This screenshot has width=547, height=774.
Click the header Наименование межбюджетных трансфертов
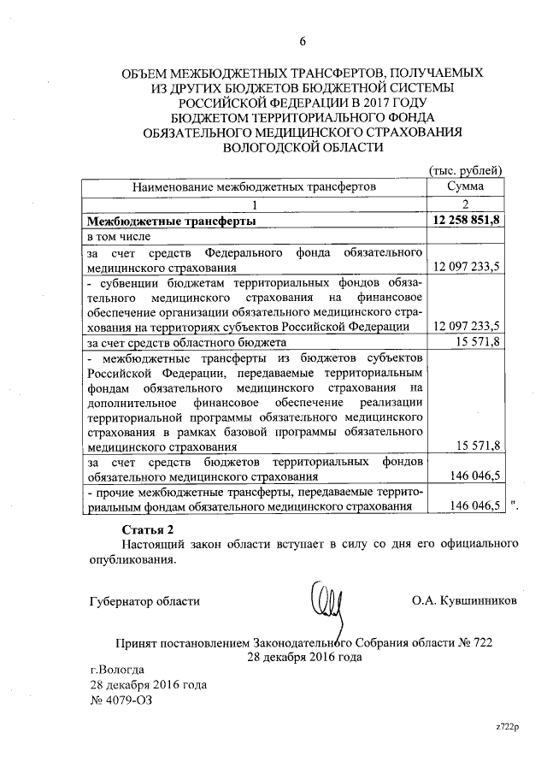(x=254, y=185)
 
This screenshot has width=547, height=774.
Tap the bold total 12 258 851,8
(x=468, y=221)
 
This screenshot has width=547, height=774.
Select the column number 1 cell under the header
(x=254, y=203)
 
